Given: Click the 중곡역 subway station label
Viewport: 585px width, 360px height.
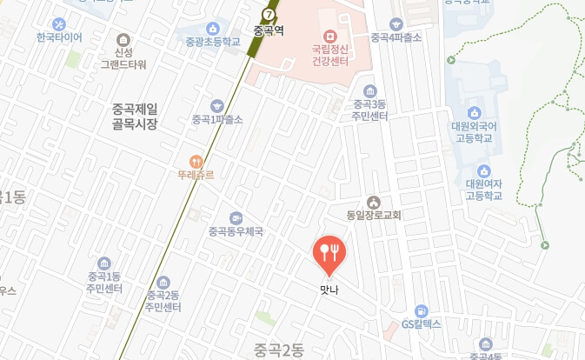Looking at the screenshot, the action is point(269,30).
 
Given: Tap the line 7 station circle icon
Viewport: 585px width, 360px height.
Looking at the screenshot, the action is point(269,14).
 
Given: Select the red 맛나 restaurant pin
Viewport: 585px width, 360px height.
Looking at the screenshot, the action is point(329,253).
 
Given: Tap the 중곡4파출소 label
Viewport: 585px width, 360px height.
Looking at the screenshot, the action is point(396,37).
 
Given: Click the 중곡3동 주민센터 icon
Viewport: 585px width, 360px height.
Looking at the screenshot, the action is point(369,91).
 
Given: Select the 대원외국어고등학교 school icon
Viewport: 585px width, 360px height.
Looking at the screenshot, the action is point(475,113).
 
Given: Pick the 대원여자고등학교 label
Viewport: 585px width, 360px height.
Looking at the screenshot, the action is point(484,190).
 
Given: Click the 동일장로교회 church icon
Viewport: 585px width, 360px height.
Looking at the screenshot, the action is point(374,202).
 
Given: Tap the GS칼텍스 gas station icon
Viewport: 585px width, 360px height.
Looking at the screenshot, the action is point(422,310).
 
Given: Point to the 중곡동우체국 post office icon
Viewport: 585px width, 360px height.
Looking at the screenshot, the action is point(235,218).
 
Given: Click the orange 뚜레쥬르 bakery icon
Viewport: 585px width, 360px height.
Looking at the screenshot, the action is point(196,161).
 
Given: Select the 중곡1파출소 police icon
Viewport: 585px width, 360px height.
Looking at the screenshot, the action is point(216,105).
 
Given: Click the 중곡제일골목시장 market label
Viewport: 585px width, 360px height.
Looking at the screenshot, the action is point(135,117).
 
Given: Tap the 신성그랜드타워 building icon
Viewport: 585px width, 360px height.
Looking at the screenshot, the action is point(123,40).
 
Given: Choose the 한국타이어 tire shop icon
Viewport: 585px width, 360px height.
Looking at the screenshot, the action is point(59,24).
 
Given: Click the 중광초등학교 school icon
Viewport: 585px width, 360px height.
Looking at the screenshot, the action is point(212,30).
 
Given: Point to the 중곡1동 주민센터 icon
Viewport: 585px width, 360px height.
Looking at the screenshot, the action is point(103,263).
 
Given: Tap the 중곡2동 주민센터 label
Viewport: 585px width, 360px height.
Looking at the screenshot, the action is point(163,301).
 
